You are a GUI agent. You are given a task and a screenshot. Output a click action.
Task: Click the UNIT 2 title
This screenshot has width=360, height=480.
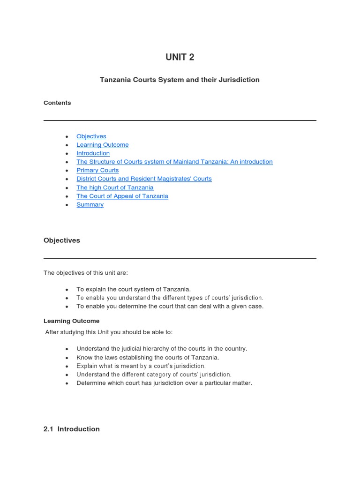(x=180, y=57)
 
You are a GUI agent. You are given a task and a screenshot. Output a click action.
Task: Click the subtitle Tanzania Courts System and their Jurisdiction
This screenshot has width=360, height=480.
(x=180, y=80)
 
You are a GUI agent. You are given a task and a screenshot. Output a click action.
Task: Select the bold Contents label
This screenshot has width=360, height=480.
(x=57, y=103)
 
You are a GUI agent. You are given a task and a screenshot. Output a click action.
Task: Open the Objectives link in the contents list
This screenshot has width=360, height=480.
(x=91, y=136)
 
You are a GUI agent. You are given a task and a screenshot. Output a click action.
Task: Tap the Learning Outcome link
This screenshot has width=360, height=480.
(x=103, y=145)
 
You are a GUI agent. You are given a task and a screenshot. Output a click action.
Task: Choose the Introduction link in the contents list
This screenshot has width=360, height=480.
(x=93, y=153)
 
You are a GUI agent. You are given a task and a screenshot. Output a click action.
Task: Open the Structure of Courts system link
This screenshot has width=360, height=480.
(x=174, y=162)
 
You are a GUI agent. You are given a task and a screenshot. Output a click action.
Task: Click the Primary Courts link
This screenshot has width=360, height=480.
(x=97, y=170)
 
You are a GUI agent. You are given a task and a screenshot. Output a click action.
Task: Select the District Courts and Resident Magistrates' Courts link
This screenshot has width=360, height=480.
(x=144, y=179)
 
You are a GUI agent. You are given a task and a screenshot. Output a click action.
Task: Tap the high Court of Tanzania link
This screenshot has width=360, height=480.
(x=115, y=187)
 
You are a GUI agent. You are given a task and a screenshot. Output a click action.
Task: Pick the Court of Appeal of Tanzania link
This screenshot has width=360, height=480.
(x=122, y=196)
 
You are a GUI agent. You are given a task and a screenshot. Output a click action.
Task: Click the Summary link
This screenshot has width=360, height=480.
(x=90, y=204)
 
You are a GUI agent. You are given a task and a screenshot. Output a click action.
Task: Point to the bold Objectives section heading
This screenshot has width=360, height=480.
(x=62, y=240)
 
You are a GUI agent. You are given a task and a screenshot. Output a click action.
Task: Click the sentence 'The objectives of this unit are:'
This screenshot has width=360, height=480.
(x=86, y=272)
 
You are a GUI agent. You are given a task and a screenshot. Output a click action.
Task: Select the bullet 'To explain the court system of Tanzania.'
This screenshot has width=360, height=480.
(x=134, y=289)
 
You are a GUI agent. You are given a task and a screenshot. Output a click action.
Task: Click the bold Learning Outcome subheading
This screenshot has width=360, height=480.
(x=72, y=321)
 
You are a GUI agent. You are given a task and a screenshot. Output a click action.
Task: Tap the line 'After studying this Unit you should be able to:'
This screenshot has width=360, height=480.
(x=109, y=332)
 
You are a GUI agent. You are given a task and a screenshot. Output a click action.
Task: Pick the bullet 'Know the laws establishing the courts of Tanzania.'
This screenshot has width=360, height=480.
(x=148, y=357)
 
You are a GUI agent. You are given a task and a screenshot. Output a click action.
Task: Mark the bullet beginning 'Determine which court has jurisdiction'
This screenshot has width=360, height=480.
(x=164, y=383)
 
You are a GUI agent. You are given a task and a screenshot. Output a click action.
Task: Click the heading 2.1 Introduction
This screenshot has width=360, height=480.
(x=72, y=429)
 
